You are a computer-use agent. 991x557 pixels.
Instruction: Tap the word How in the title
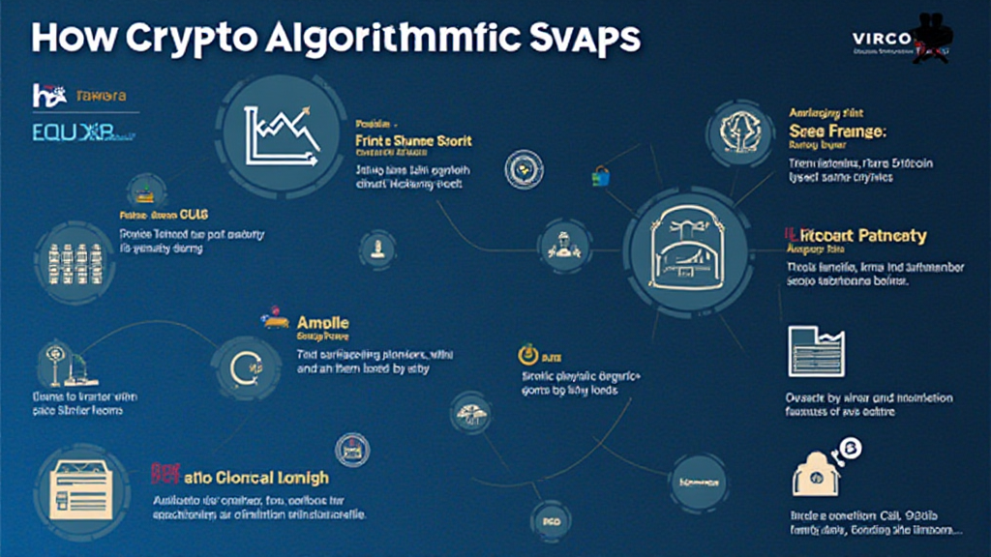click(x=69, y=40)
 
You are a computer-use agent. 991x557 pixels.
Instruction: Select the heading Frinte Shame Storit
click(x=414, y=141)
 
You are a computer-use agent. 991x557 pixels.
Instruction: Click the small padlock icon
click(x=601, y=175)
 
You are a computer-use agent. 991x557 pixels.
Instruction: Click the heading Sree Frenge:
click(x=838, y=131)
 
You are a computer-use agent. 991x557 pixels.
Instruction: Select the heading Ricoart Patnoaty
click(x=856, y=236)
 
